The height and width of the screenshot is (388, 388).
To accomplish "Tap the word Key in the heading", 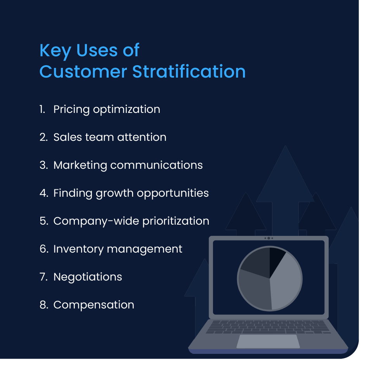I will pos(54,51).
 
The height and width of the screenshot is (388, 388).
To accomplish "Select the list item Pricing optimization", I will pos(106,109).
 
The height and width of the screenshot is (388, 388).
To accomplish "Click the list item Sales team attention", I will pos(110,137).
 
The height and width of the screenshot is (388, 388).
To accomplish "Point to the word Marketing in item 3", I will pos(80,165).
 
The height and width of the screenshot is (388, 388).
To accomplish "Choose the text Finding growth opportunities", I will pos(131,193).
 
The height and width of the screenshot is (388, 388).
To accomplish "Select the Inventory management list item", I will pos(118,249).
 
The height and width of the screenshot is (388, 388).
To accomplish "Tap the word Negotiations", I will pos(88,277).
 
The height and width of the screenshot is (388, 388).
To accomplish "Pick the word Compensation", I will pos(94,305).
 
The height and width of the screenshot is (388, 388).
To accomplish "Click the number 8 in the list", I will pos(43,305).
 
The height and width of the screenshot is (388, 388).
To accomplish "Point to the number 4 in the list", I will pos(43,193).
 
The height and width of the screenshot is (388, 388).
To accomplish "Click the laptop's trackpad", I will pos(268,341).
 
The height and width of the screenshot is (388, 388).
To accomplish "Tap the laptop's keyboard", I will pos(268,327).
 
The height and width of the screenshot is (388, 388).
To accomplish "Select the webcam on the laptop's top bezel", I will pos(268,238).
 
